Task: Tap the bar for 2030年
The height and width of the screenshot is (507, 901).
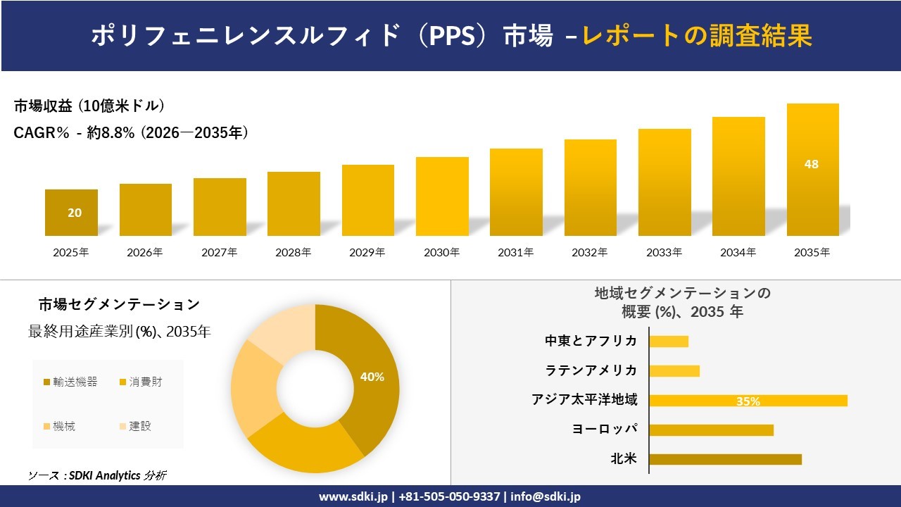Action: point(442,197)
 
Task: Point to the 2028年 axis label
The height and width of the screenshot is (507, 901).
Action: point(294,252)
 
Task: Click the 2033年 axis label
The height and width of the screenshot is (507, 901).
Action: point(664,252)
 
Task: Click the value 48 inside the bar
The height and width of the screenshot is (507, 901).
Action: point(812,164)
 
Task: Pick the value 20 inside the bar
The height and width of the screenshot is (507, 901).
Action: point(75,213)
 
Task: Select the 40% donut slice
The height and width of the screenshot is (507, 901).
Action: point(370,377)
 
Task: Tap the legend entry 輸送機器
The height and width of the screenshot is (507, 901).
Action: point(70,382)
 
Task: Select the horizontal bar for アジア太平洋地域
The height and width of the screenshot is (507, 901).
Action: point(748,401)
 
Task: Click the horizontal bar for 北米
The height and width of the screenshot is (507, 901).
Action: point(725,459)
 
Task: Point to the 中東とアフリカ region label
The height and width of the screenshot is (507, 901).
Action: point(591,341)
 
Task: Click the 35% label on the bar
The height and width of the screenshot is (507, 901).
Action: point(748,401)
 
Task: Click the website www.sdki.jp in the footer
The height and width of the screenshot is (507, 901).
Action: point(353,496)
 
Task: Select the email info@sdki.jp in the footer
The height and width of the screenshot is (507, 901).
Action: point(546,496)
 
